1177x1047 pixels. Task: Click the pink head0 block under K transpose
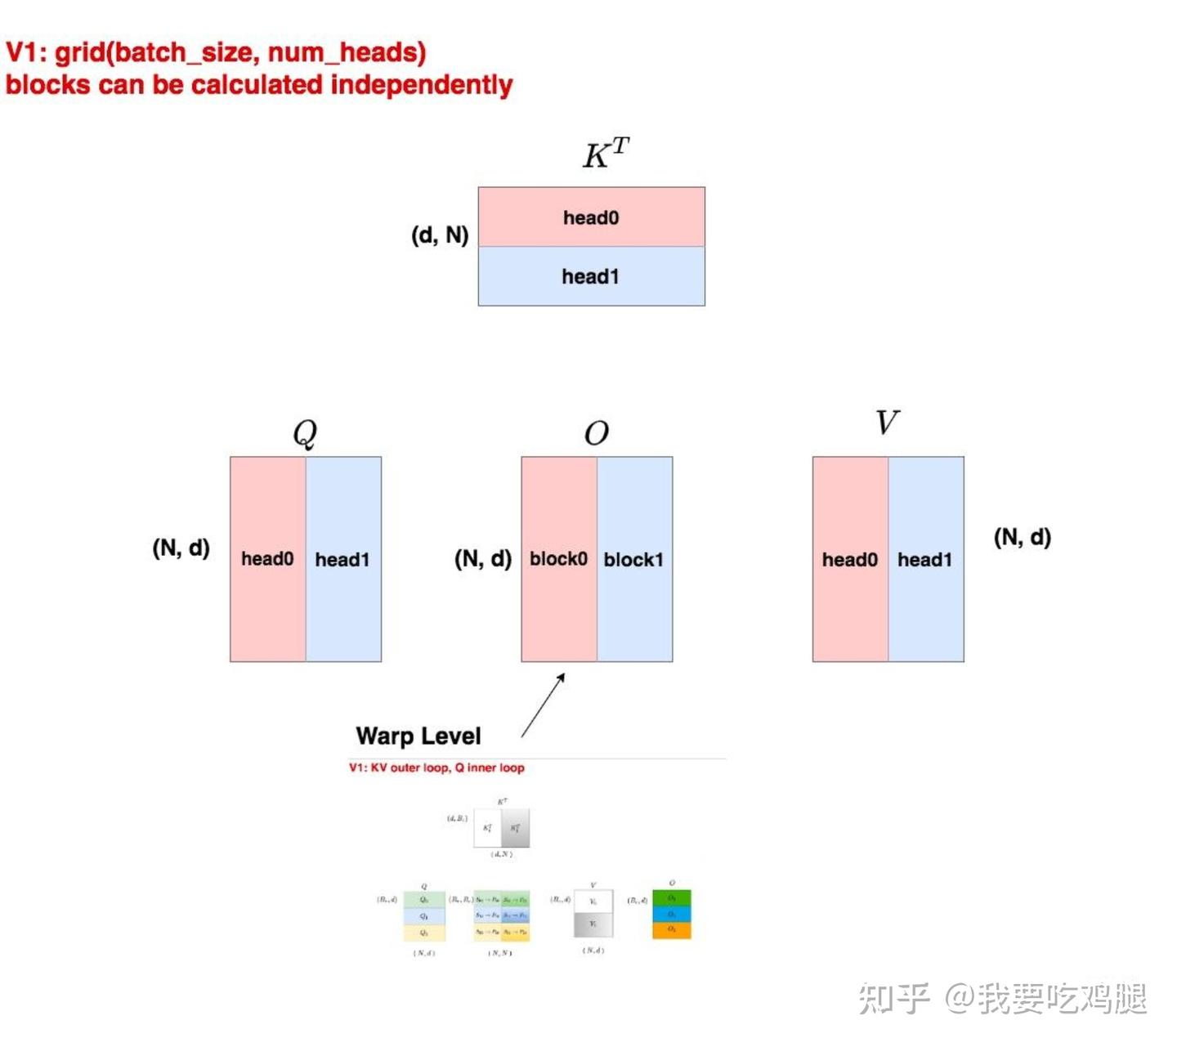[591, 217]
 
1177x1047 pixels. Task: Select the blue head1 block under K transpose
[591, 276]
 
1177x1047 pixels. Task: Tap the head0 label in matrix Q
[267, 559]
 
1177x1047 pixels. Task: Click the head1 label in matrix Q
[342, 560]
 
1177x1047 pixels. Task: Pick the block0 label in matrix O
[558, 559]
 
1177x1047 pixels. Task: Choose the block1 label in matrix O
[633, 560]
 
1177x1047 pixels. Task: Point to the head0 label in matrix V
[849, 560]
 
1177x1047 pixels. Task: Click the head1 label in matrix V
[924, 560]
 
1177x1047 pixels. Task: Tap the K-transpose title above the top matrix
[606, 153]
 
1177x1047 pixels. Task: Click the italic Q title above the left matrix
[305, 432]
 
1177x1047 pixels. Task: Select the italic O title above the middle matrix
[597, 433]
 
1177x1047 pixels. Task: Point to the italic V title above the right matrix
[887, 423]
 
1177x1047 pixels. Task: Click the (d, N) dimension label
[440, 235]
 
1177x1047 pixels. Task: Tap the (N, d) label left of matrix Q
[181, 548]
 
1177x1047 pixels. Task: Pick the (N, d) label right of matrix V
[1023, 537]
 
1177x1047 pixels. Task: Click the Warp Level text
[418, 736]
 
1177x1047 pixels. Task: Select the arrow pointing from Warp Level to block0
[543, 705]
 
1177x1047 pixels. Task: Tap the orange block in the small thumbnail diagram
[672, 931]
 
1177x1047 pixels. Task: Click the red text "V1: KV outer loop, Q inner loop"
[436, 767]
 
